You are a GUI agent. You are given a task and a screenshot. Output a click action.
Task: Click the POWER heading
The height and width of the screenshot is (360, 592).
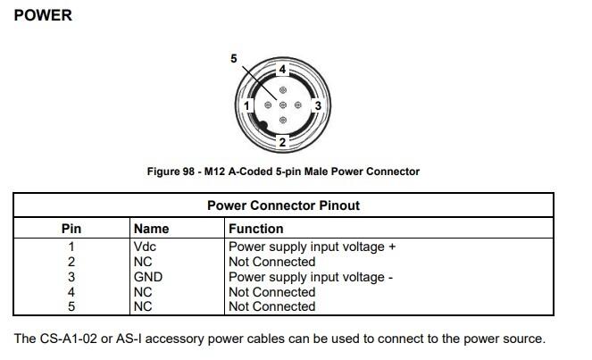44,15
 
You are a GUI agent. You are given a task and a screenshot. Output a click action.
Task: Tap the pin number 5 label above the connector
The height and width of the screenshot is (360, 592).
234,59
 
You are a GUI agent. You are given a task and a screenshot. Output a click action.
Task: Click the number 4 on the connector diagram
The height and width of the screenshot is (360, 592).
282,69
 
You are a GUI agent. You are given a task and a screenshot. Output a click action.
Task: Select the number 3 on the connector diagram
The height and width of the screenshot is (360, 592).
317,105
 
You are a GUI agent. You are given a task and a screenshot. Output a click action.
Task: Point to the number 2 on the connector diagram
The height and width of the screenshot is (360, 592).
282,142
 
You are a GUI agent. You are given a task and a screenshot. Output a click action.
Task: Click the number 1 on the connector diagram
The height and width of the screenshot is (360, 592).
247,105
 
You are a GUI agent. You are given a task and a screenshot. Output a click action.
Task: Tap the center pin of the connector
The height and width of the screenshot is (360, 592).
282,105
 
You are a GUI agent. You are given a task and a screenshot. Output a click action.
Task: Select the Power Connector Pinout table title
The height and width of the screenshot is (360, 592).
283,205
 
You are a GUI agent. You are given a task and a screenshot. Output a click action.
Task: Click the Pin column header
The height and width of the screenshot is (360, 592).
71,229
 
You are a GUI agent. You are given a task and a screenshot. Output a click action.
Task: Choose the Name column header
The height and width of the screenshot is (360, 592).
151,229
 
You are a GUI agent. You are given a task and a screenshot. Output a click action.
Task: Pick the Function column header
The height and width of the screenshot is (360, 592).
256,229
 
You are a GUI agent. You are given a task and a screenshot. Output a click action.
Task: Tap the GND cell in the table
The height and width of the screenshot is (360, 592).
148,277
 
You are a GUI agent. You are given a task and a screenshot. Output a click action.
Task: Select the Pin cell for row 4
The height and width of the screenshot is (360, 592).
71,292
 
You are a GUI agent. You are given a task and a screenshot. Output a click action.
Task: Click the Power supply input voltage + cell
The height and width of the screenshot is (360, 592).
311,247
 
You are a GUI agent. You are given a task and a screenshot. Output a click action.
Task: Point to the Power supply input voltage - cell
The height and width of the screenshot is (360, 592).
311,277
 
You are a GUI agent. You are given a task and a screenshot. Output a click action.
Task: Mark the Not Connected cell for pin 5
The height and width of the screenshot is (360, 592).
271,306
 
